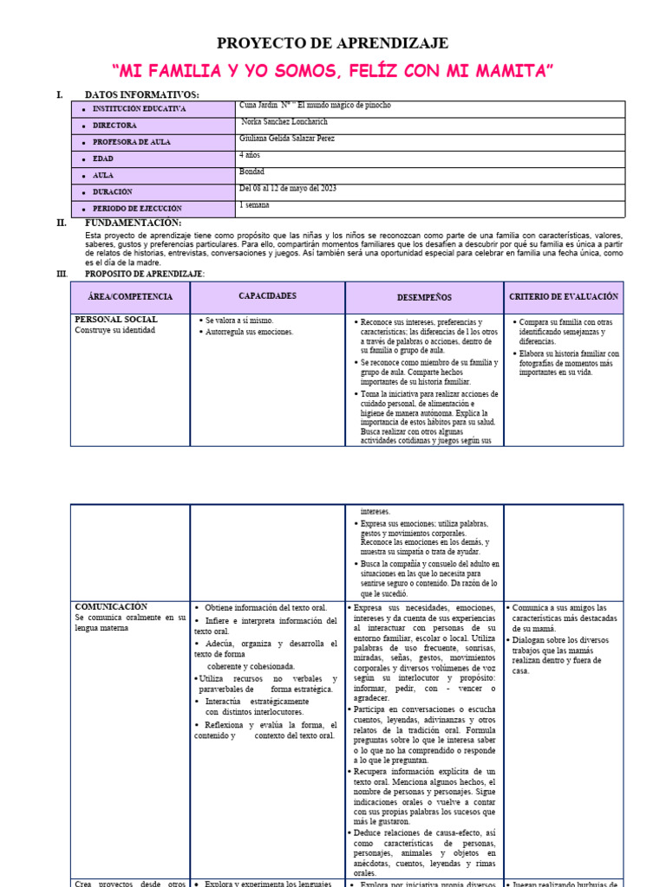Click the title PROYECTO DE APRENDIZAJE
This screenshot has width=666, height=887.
click(x=332, y=43)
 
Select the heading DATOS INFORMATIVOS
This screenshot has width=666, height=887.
click(x=141, y=94)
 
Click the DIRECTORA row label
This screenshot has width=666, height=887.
click(x=114, y=126)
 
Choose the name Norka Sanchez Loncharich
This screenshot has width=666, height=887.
click(x=288, y=122)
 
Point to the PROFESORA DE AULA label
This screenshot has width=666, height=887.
click(x=133, y=142)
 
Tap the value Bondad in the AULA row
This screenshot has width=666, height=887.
click(x=251, y=172)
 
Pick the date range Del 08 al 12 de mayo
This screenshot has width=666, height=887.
click(x=287, y=188)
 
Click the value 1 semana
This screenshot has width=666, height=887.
click(x=254, y=205)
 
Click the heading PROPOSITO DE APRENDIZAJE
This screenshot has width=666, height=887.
click(x=144, y=274)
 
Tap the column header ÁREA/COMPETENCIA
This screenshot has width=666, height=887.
click(x=130, y=297)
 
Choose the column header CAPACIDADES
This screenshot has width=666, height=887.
click(x=267, y=296)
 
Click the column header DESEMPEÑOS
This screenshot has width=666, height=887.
click(x=424, y=297)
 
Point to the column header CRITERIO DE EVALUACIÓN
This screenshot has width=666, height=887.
click(x=563, y=296)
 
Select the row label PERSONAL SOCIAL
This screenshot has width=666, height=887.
click(x=116, y=320)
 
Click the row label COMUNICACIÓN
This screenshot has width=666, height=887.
click(x=111, y=607)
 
